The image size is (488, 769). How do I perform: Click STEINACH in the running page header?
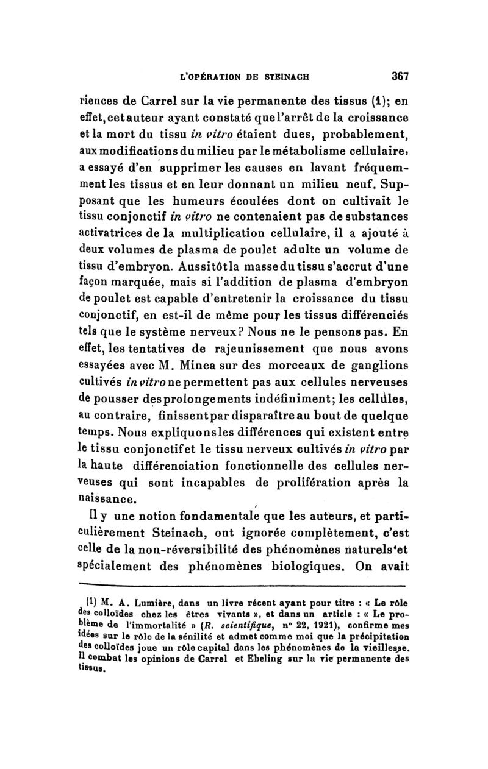285,77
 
